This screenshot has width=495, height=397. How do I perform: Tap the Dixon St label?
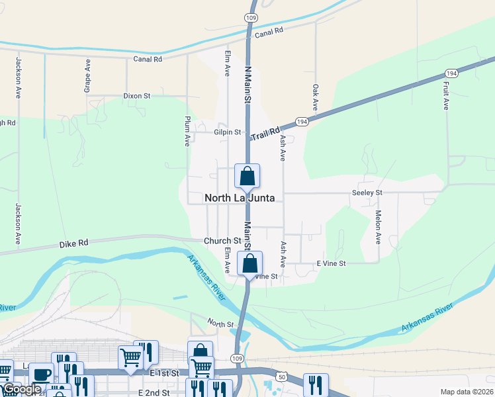coord(137,96)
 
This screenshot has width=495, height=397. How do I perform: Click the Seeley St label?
coord(367,193)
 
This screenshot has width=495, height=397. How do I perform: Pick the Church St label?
coord(222,241)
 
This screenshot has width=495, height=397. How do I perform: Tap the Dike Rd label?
coord(73,243)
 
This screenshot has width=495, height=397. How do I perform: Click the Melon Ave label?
coord(379,228)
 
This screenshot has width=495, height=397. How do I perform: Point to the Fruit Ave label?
coord(446,95)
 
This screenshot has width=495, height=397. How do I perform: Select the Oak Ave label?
coord(316,97)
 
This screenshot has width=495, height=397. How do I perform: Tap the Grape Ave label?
coord(87,74)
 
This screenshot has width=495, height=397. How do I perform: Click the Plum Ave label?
coord(187,131)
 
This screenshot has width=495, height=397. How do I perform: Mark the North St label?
coord(220,324)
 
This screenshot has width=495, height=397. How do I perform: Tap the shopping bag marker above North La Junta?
coord(247,176)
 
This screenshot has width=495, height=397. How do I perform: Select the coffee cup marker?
coord(41,375)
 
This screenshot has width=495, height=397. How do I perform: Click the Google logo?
coord(22,390)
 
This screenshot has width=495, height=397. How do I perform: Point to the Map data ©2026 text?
coord(466,392)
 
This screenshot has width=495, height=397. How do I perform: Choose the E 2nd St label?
coord(154,392)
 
